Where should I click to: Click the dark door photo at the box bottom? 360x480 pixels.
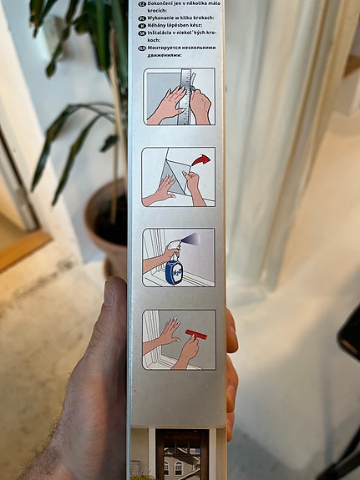click(180, 455)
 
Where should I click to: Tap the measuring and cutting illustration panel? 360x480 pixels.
click(179, 96)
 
